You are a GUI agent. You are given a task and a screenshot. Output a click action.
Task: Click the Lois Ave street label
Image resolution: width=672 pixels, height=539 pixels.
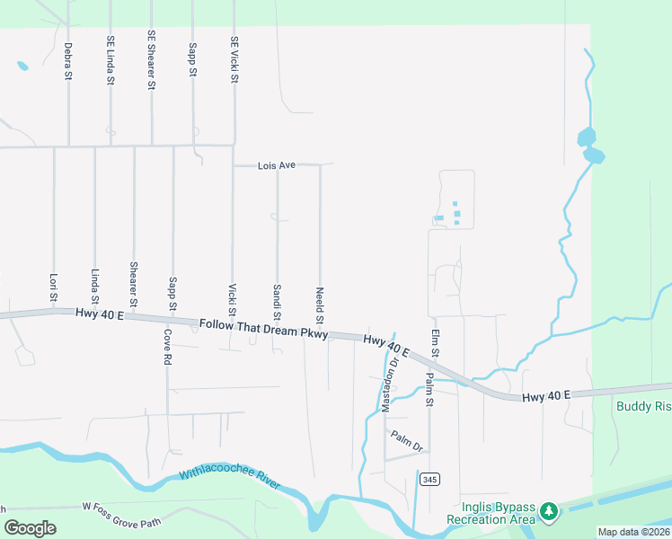pyautogui.click(x=276, y=166)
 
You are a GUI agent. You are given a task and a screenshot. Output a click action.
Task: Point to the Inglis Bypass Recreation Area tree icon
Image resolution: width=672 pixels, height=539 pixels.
pyautogui.click(x=548, y=512)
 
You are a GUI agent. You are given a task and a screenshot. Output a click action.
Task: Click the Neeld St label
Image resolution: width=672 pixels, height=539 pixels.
pyautogui.click(x=320, y=305)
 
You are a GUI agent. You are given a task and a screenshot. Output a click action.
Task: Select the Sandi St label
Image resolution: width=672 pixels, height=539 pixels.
pyautogui.click(x=277, y=302)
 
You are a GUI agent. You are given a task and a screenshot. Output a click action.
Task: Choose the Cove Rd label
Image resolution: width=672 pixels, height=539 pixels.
pyautogui.click(x=167, y=346)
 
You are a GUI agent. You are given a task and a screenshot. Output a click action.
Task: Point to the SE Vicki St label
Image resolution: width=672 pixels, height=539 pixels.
pyautogui.click(x=234, y=60)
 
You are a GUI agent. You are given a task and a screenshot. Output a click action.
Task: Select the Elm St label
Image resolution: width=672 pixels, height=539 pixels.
pyautogui.click(x=434, y=342)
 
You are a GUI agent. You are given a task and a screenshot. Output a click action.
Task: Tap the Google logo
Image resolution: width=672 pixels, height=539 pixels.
pyautogui.click(x=30, y=528)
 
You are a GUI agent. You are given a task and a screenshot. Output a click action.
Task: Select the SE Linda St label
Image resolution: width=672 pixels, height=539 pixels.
pyautogui.click(x=111, y=60)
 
